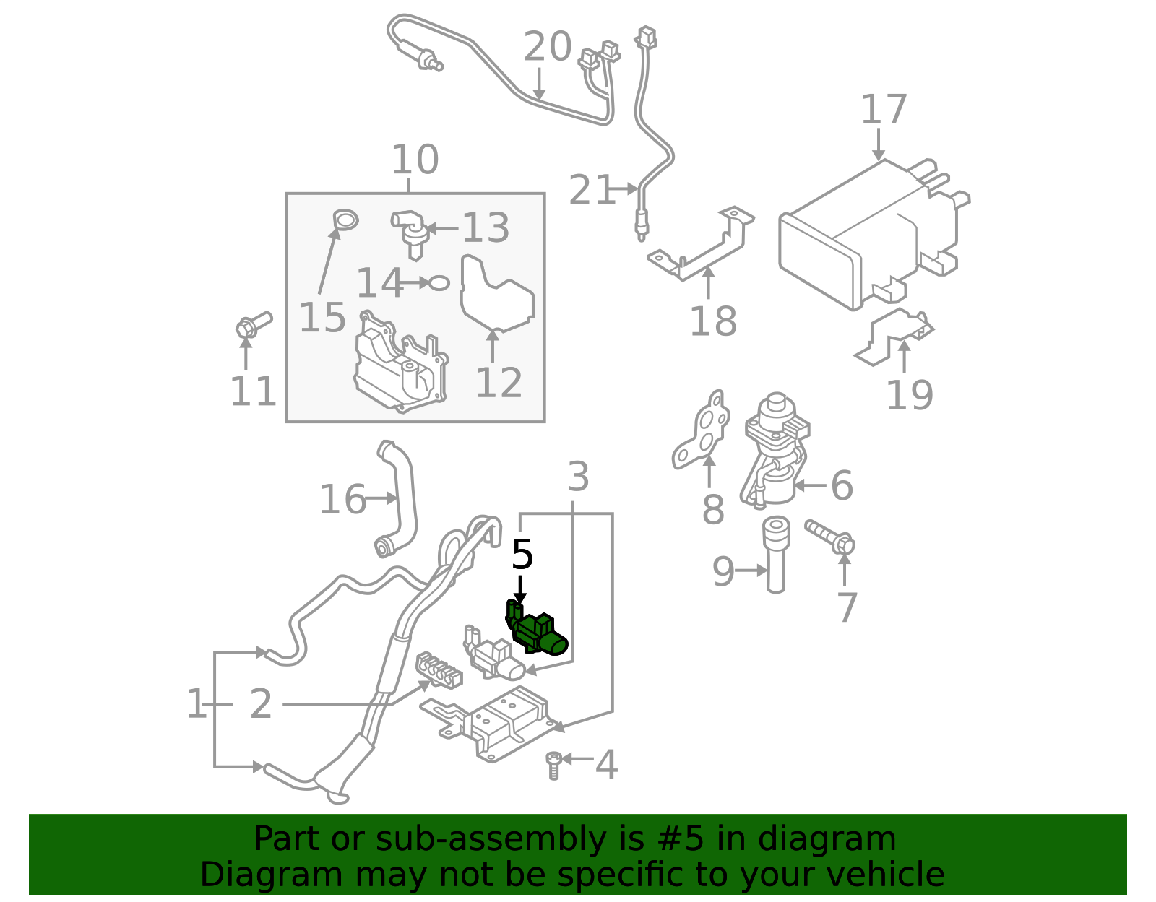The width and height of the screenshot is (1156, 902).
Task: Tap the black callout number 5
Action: pos(522,555)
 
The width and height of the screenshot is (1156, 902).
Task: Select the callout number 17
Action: pos(883,110)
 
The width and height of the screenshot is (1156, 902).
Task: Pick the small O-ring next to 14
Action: pos(439,282)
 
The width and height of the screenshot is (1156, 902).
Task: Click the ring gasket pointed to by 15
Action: pos(345,220)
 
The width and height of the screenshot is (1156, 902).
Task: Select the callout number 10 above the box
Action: pos(415,160)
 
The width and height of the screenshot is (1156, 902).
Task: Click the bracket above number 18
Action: pos(704,246)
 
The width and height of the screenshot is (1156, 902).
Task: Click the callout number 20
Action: pos(547,47)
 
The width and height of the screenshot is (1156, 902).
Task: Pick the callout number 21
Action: pos(590,190)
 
